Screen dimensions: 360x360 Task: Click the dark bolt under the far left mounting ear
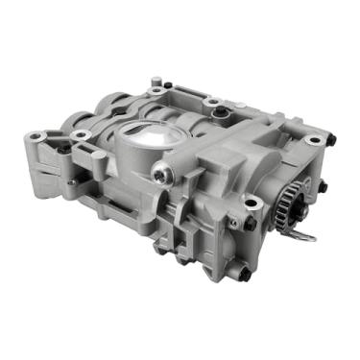pyautogui.click(x=63, y=150)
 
